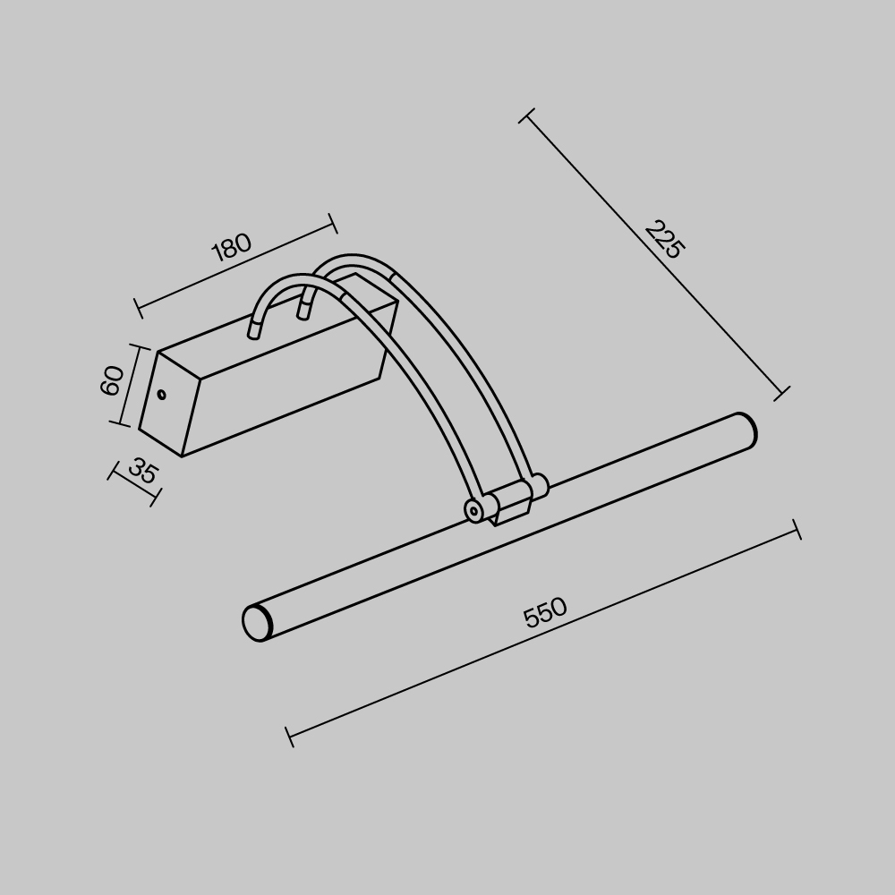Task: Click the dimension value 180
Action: pos(231,247)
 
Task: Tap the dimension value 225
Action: pos(663,240)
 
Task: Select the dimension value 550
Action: pos(545,612)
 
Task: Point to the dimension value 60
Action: pos(113,380)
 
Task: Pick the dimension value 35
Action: pos(142,471)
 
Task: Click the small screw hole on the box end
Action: pos(162,394)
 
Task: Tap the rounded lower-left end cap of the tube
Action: pos(257,623)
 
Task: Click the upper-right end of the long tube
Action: pos(745,430)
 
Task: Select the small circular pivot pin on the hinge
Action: pos(474,511)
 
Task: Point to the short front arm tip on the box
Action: pos(254,332)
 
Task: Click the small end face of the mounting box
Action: pos(169,404)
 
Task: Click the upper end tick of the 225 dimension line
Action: pos(527,115)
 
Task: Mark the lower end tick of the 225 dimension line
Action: pos(781,393)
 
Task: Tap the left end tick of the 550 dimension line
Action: pos(289,737)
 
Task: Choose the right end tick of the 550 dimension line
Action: pos(797,530)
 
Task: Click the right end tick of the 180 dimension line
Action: pos(332,224)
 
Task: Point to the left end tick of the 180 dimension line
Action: pos(138,309)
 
